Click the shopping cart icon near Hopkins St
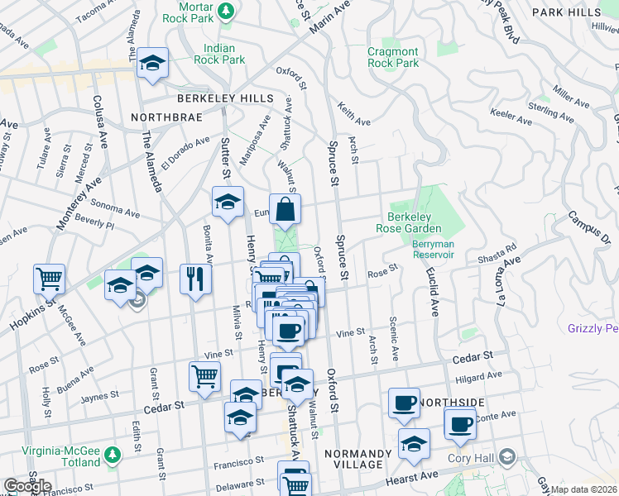pos(50,279)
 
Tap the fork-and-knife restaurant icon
pos(196,277)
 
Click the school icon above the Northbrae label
pos(152,64)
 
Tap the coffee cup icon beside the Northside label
pos(404,403)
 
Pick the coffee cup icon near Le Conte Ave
pos(460,424)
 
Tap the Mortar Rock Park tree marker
pos(233,9)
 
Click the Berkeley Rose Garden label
pos(415,222)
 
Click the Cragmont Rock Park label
pos(393,57)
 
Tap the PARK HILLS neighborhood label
pos(566,12)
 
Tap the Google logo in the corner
pos(27,486)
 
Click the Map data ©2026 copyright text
pos(583,489)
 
